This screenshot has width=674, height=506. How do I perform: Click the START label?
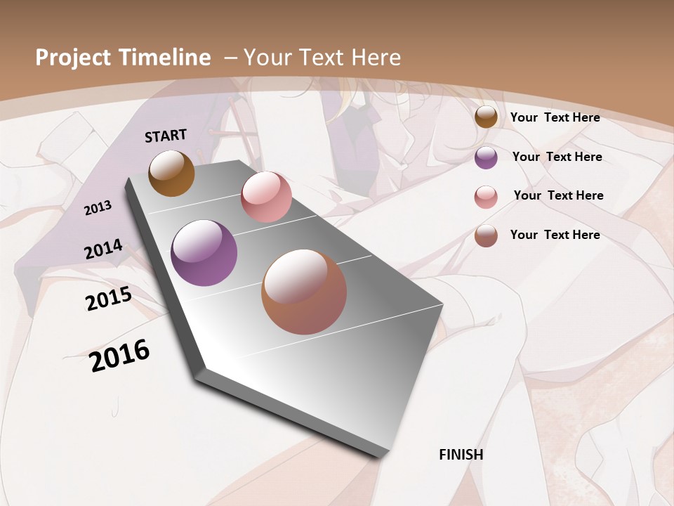point(166,136)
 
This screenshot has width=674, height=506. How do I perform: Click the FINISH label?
point(461,455)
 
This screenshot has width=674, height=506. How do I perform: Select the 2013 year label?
point(98,207)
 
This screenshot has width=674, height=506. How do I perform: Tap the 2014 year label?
point(103,249)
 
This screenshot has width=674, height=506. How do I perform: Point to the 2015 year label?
point(109,299)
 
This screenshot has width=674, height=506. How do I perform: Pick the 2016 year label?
point(120,355)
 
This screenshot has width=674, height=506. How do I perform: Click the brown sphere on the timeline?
point(172,174)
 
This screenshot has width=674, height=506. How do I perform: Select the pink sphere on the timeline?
point(266,197)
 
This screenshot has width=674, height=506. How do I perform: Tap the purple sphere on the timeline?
point(204,253)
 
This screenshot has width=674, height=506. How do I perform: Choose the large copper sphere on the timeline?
point(304,292)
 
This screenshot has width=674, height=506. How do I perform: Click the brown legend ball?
point(486,117)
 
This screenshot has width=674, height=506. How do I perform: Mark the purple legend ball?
point(486,157)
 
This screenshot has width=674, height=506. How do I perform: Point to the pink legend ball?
point(486,197)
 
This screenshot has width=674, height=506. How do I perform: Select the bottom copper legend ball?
point(486,235)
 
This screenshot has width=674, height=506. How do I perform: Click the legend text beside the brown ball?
point(555,117)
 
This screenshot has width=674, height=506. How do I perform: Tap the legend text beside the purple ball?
point(557,157)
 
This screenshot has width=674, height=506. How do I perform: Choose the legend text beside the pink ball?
point(558,195)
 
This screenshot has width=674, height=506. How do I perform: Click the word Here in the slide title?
point(375,58)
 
